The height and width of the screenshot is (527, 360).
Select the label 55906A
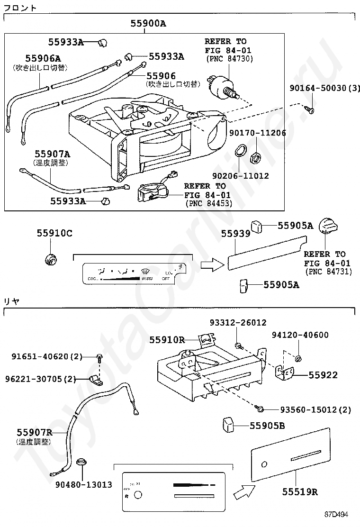[x=43, y=59]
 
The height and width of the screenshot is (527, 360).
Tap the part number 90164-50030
[x=320, y=89]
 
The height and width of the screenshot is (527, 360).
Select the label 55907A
[x=52, y=154]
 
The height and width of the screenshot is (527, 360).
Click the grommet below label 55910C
[x=51, y=259]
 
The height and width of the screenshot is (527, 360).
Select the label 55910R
[x=167, y=339]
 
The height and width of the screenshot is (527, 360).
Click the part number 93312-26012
[x=238, y=323]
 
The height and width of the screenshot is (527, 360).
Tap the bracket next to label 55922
[x=285, y=373]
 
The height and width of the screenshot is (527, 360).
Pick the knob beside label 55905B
[x=229, y=425]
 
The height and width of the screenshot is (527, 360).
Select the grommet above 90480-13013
[x=81, y=461]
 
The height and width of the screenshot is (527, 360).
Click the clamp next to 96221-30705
[x=96, y=379]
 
